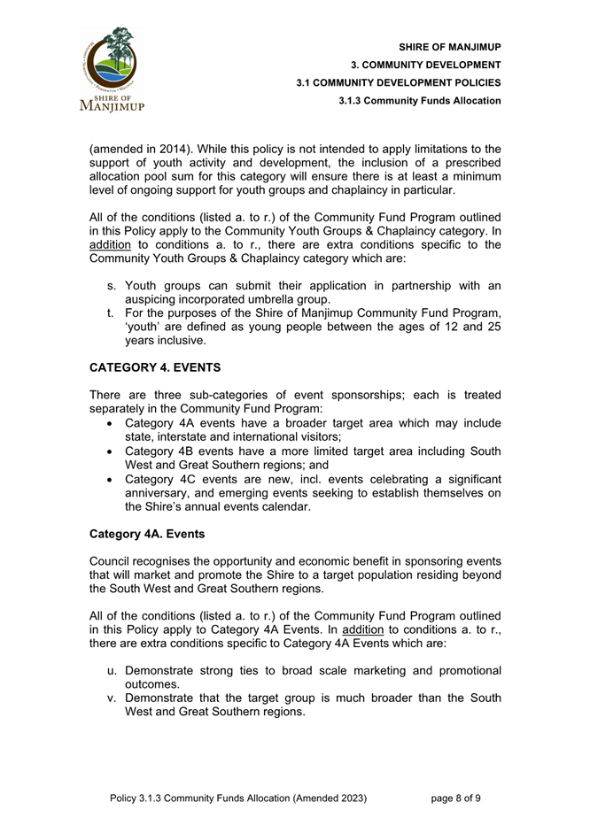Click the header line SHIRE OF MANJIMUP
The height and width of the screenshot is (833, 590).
(x=449, y=47)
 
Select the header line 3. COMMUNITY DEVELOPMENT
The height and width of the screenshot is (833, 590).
(x=426, y=65)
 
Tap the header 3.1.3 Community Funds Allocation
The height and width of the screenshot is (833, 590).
(x=420, y=100)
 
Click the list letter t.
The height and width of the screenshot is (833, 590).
(x=111, y=313)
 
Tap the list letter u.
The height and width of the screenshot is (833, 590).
(x=113, y=671)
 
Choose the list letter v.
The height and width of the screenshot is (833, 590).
(x=113, y=698)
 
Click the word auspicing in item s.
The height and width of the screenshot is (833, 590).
(x=155, y=300)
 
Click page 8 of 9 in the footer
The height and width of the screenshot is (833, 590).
(x=456, y=798)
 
